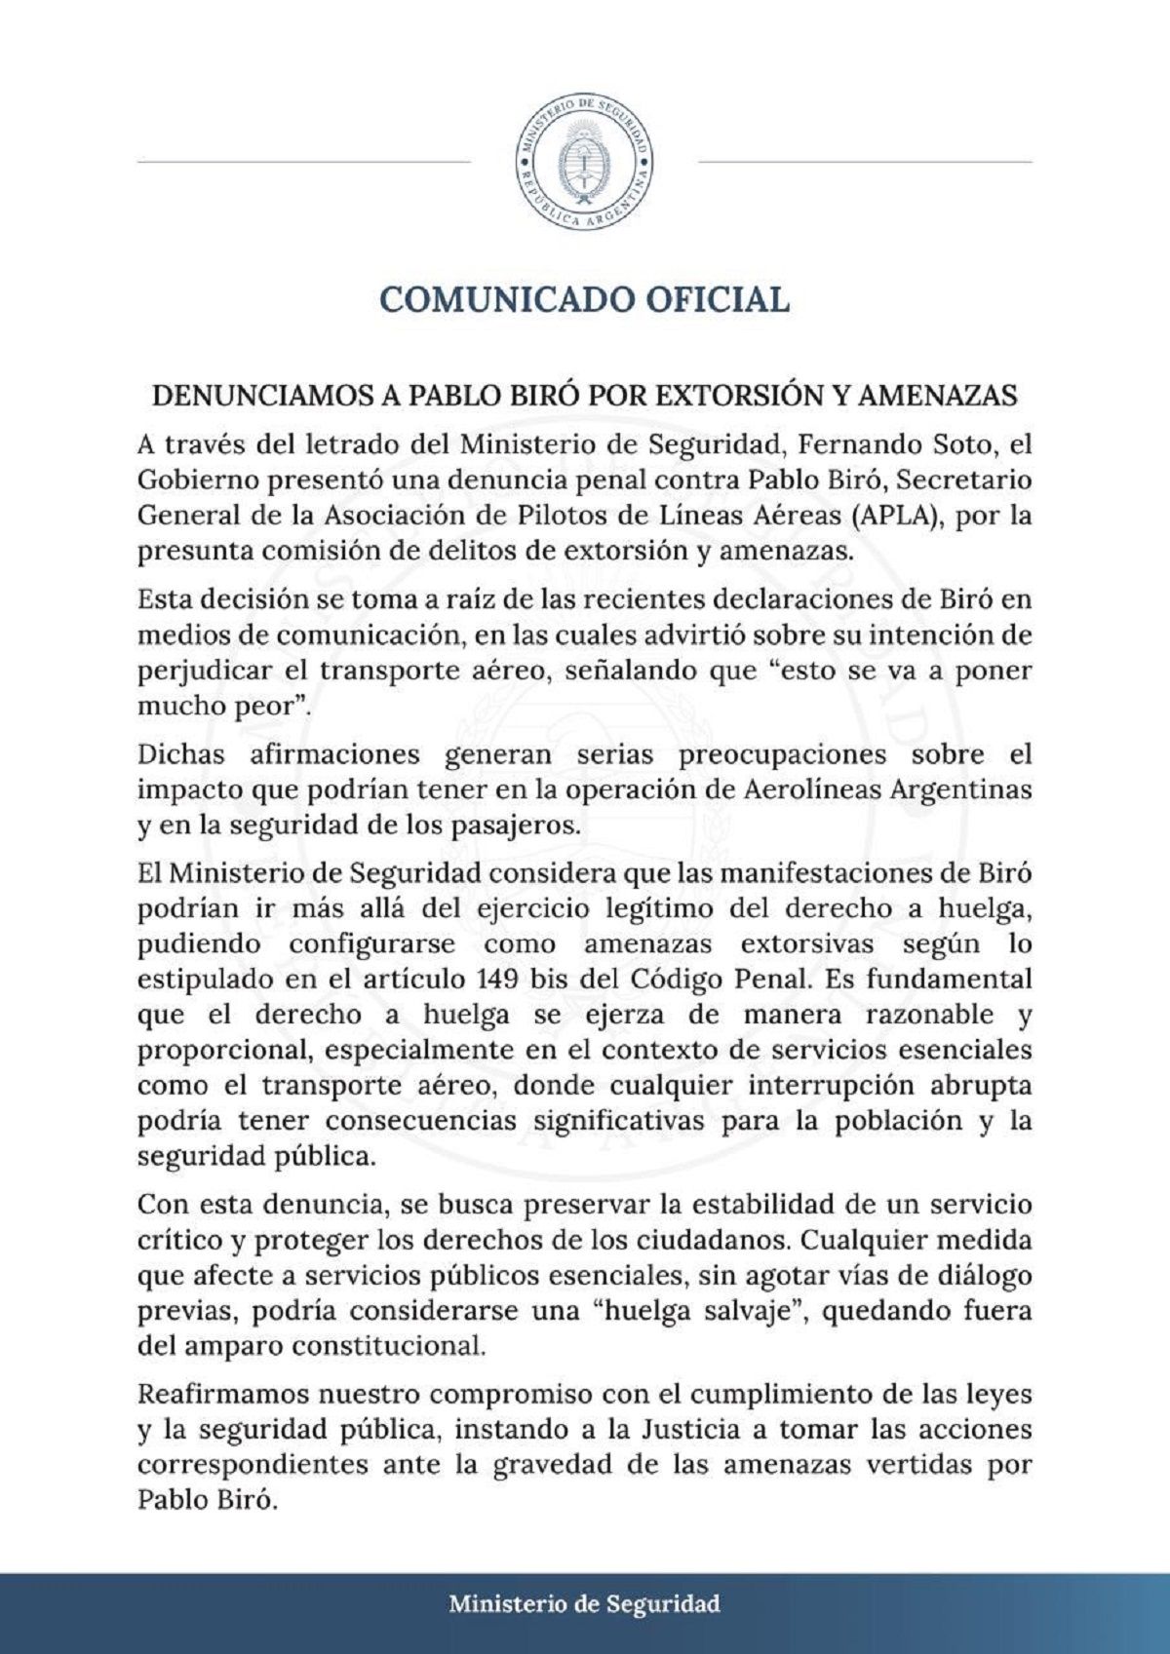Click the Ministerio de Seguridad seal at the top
click(x=585, y=162)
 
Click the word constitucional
click(x=388, y=1346)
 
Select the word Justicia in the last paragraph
click(x=689, y=1430)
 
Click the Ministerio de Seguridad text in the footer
click(x=585, y=1603)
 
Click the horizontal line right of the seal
click(x=866, y=162)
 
